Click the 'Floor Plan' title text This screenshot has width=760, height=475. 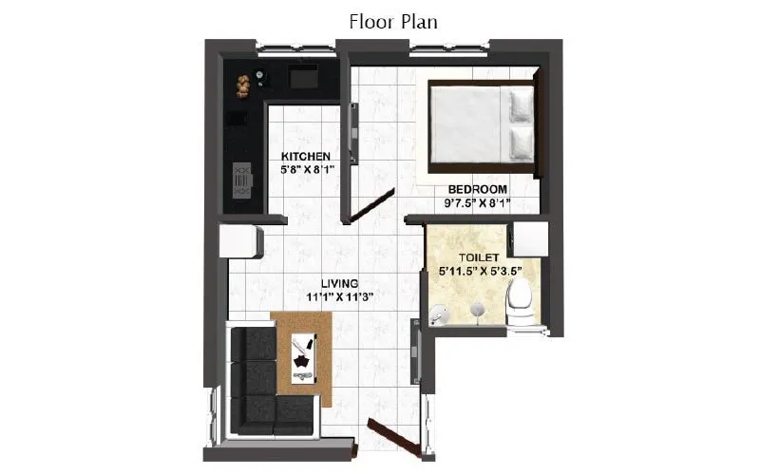click(393, 22)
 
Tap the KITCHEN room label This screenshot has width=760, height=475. click(305, 156)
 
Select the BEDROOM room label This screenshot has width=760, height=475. click(478, 189)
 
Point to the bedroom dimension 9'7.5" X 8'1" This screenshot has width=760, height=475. click(478, 202)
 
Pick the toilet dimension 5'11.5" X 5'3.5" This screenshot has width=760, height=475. click(481, 271)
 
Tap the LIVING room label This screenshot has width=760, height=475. click(339, 283)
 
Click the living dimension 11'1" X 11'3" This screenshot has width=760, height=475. click(339, 296)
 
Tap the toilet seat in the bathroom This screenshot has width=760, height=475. click(519, 306)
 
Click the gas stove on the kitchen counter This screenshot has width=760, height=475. click(241, 179)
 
